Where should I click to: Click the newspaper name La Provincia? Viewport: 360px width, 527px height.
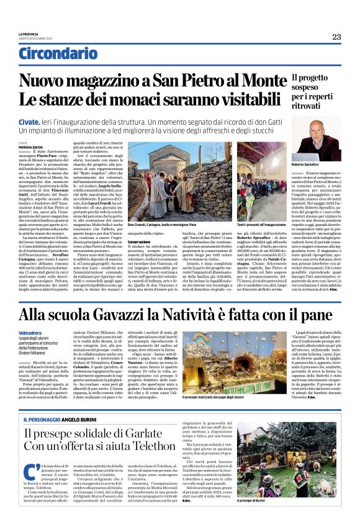coord(29,34)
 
